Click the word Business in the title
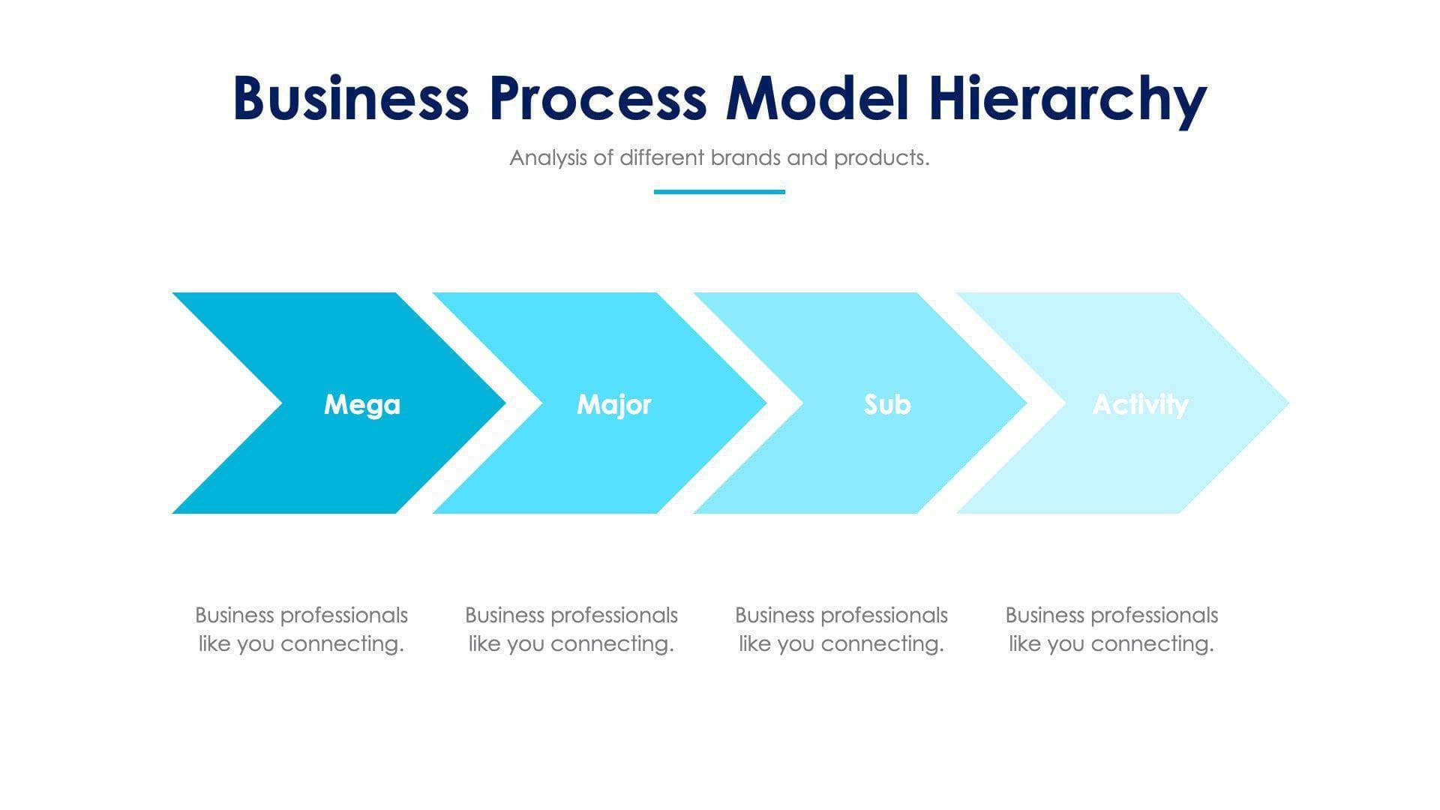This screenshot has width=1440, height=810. click(x=351, y=98)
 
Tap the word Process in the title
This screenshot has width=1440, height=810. click(x=598, y=98)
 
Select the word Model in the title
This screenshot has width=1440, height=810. click(x=817, y=98)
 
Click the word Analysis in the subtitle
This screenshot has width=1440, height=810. click(x=547, y=157)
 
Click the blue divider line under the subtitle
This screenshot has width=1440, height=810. click(x=719, y=192)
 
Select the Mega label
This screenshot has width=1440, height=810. click(x=362, y=404)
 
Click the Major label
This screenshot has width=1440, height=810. click(x=614, y=404)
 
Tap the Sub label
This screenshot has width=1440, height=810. click(x=887, y=404)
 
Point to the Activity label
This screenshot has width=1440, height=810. click(x=1140, y=404)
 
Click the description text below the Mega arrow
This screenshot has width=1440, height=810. click(x=301, y=629)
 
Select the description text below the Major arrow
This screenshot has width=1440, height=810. click(x=571, y=629)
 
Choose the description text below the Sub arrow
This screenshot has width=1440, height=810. click(x=841, y=629)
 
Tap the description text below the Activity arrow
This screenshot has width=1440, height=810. click(x=1111, y=629)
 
